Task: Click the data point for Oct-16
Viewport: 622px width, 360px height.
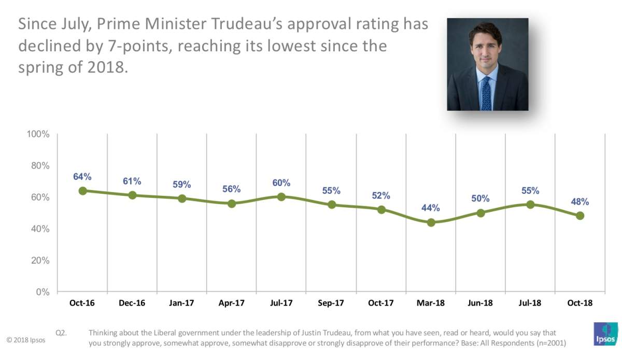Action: [x=82, y=191]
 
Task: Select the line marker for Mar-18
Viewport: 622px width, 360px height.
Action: [x=431, y=222]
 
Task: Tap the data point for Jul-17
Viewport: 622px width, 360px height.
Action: [x=281, y=197]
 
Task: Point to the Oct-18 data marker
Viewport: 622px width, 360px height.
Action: [x=580, y=215]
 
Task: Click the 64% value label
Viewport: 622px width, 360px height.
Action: [x=82, y=177]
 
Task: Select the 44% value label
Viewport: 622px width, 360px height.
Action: [x=431, y=208]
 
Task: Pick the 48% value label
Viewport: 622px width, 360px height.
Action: [x=580, y=201]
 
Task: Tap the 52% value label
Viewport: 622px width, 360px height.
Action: [x=381, y=196]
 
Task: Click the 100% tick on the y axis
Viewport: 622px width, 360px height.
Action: [x=38, y=135]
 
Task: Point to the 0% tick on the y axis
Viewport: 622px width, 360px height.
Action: [x=43, y=292]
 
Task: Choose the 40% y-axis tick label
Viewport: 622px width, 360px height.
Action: [x=40, y=229]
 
